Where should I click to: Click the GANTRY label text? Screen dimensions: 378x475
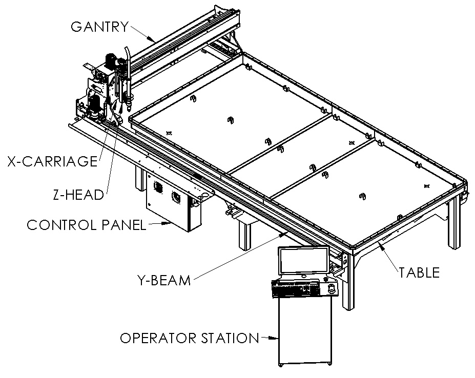coord(99,27)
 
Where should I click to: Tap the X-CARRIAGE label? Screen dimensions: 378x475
coord(52,161)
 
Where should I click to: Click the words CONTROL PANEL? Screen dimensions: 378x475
coord(86,225)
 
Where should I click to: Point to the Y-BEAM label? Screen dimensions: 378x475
coord(164,280)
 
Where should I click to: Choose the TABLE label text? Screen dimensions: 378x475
coord(420,272)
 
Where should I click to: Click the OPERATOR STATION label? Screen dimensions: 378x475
coord(189,338)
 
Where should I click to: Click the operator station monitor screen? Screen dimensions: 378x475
coord(303,261)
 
